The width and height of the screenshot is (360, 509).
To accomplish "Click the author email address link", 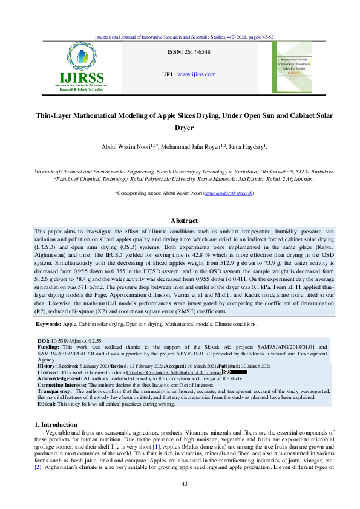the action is [x=228, y=193].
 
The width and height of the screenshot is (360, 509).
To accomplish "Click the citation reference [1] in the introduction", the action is [x=171, y=446].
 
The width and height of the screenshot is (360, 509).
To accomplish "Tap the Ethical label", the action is [x=46, y=404].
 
